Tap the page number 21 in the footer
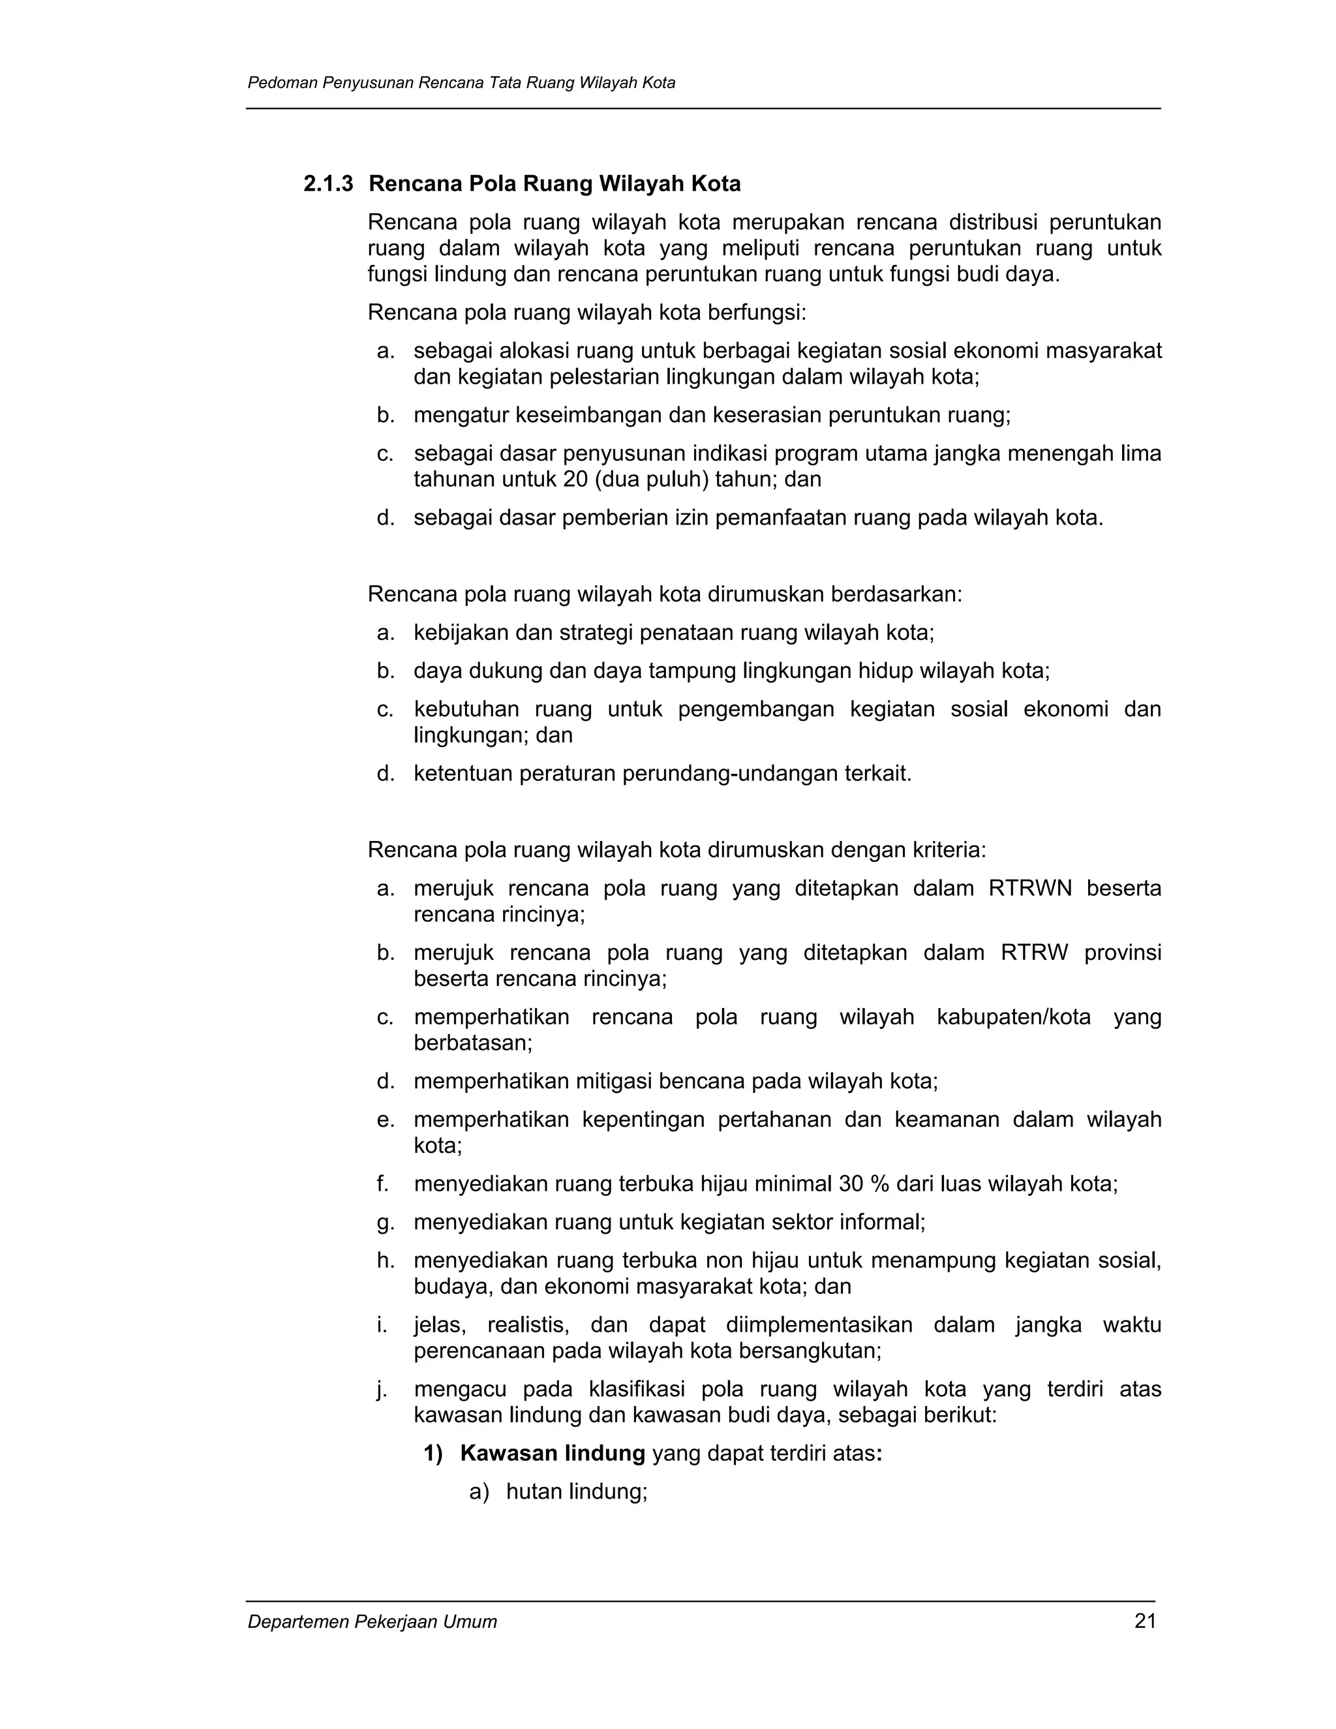[1146, 1621]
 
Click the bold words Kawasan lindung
[553, 1454]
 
